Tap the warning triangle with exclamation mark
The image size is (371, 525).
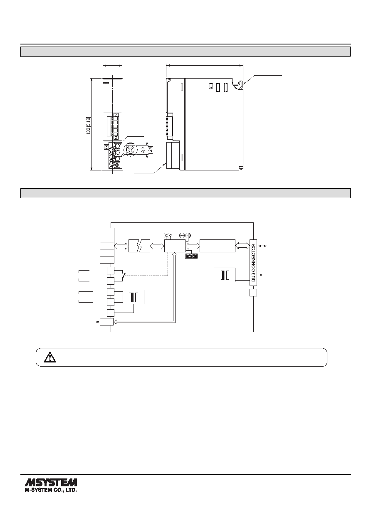[50, 357]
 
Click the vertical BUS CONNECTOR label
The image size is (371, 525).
[253, 263]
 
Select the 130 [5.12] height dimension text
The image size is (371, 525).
[88, 126]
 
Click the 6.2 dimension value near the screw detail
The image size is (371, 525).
[143, 149]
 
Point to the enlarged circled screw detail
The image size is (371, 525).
[129, 149]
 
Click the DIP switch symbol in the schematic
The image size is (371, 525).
[191, 256]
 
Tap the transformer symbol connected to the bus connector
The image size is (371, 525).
[225, 275]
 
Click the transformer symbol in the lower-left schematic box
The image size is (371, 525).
[134, 297]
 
